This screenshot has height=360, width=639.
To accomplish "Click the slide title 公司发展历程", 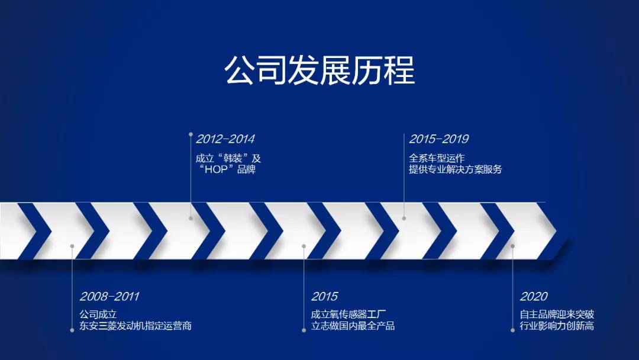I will click(x=319, y=71).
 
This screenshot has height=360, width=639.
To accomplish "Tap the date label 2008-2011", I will click(x=109, y=297).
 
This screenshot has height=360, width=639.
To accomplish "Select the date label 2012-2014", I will click(x=225, y=140).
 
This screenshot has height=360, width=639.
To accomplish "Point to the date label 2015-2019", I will click(x=438, y=140).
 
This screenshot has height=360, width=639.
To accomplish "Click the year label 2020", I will click(x=534, y=297).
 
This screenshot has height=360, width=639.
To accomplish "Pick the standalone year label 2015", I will click(x=325, y=297).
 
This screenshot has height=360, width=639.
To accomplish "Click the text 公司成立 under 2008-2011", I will click(x=98, y=314).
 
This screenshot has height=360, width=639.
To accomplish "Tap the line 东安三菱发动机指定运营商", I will click(x=135, y=326).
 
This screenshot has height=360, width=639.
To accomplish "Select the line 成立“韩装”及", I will click(x=228, y=159).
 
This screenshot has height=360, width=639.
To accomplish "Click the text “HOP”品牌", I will click(x=226, y=170).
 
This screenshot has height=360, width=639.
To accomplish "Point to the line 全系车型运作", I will click(x=437, y=158).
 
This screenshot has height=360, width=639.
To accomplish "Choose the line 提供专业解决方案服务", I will click(x=455, y=170).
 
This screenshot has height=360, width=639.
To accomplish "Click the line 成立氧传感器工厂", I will click(x=349, y=314).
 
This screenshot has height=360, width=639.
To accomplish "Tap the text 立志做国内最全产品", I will click(x=353, y=326).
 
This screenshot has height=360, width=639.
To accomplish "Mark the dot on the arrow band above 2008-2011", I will click(x=72, y=246).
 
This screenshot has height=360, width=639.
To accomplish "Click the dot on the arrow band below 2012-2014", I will click(x=191, y=218).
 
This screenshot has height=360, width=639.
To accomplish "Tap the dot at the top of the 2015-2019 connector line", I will click(x=404, y=134).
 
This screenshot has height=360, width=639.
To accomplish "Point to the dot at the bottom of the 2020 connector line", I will click(x=513, y=330).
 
